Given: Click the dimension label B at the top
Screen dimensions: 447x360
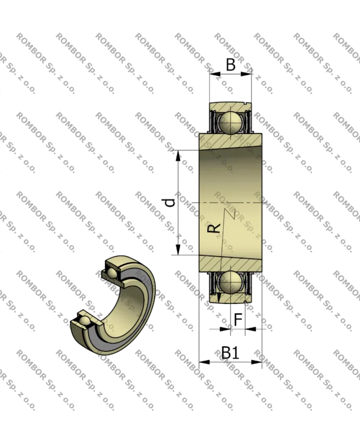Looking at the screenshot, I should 230,65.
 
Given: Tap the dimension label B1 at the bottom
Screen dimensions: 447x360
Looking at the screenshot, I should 229,353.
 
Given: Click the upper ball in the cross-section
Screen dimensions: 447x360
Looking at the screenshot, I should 230,122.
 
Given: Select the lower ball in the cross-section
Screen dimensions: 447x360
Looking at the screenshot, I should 230,282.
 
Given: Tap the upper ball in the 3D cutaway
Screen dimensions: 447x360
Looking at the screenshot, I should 112,273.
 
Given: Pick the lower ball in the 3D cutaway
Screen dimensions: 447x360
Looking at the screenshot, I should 85,323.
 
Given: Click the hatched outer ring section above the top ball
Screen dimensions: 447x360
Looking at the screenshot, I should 230,106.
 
